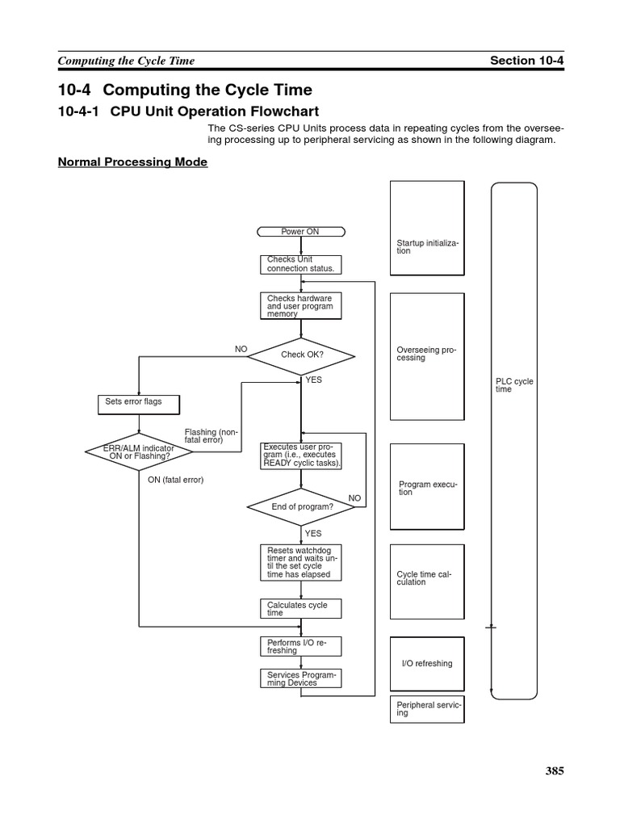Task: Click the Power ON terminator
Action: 300,232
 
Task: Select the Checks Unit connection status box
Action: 300,264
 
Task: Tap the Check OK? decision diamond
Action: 301,355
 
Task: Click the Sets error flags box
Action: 139,402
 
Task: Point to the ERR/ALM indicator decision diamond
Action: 139,451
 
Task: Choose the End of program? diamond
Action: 301,506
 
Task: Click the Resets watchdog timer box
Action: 300,563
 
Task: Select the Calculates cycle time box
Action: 300,609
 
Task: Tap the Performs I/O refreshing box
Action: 300,646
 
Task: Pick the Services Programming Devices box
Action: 300,678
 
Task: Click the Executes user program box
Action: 301,456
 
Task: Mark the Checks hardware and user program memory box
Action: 300,306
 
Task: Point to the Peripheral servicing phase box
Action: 427,709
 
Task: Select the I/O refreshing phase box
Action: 427,663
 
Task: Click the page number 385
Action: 554,770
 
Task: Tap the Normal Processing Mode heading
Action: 132,162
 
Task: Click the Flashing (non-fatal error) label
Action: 212,436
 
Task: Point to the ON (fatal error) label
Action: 175,480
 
